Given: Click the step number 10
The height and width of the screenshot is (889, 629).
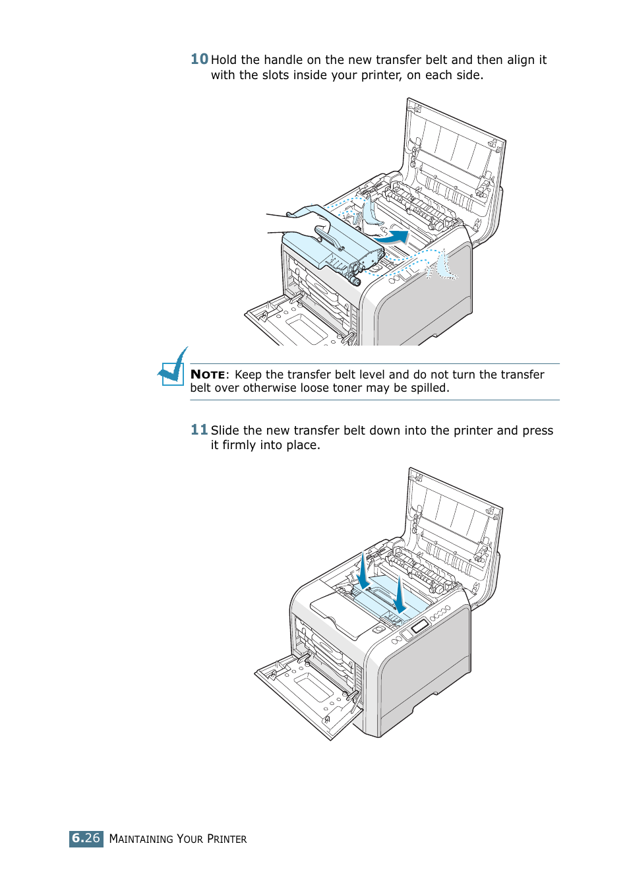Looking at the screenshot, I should [x=199, y=59].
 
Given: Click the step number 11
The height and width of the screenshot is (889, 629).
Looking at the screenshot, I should [x=199, y=430].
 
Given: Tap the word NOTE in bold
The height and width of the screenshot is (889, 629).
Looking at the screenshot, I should [x=208, y=375].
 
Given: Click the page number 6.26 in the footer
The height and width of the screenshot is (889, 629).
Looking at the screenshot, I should [x=86, y=838].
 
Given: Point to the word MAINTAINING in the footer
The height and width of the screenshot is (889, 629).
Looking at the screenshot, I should [x=141, y=839].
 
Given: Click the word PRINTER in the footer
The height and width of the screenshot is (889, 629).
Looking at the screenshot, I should [x=227, y=839].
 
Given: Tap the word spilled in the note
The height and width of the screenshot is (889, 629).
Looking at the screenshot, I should [x=429, y=388].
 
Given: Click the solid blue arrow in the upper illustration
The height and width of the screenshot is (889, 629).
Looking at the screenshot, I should [x=398, y=236].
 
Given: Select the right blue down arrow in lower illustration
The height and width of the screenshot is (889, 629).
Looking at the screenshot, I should [x=400, y=596].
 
